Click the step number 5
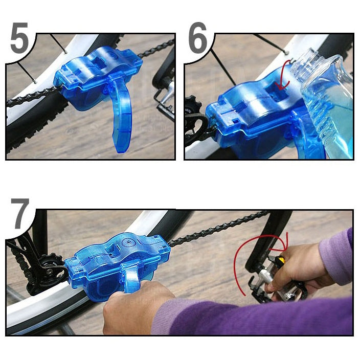point(19,40)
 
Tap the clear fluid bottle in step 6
point(327,107)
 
